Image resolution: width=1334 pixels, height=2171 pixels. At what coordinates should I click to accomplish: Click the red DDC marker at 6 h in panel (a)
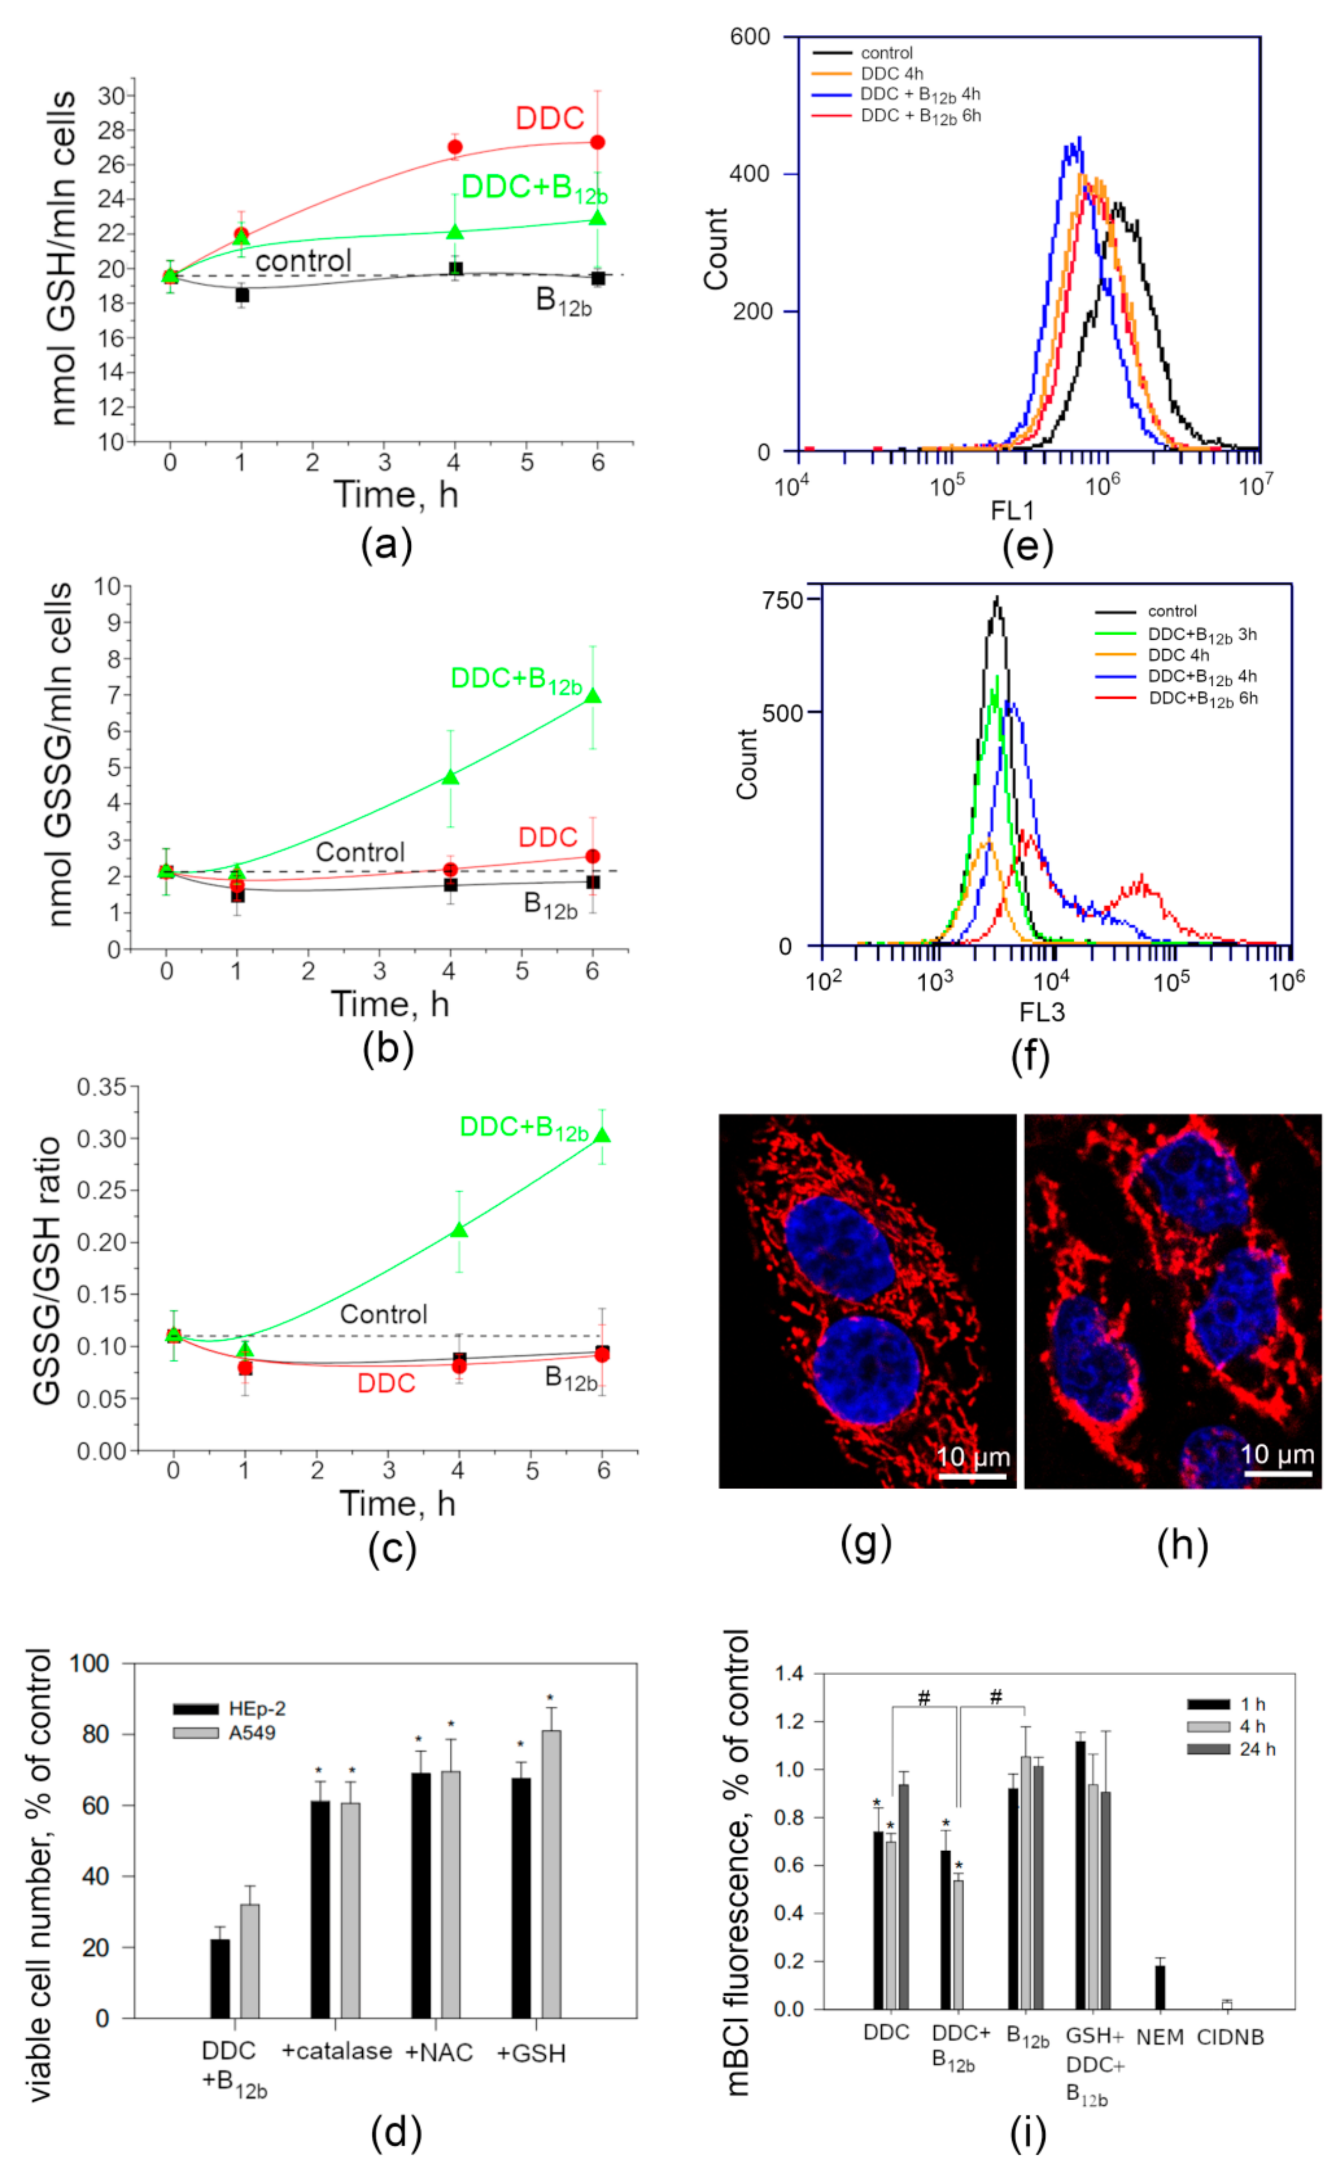tap(597, 142)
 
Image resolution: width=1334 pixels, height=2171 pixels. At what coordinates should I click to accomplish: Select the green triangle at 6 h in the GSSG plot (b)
tap(593, 696)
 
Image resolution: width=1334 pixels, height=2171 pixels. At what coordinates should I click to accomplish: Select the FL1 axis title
tap(1012, 510)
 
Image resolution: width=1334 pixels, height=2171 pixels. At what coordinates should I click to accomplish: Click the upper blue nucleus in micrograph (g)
tap(838, 1250)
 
